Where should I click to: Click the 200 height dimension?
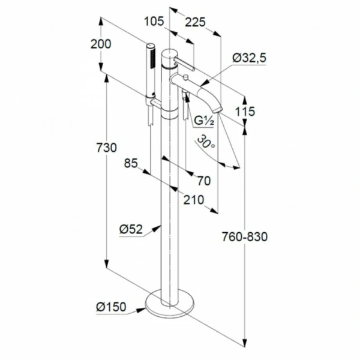pos(101,44)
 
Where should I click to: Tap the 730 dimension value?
pos(106,148)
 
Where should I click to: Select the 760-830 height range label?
pos(245,237)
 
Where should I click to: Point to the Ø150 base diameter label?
pos(111,307)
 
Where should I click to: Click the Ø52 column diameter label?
pos(131,229)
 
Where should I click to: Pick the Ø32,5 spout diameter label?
pos(250,58)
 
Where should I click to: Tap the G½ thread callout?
pos(204,121)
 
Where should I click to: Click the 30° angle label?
pos(205,142)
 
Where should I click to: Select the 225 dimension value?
pos(195,23)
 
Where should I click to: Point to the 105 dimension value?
pos(154,22)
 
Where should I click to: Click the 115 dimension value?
pos(245,112)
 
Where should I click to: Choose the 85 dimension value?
pos(131,163)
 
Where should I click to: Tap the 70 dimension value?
pos(204,181)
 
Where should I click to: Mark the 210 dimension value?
pos(194,200)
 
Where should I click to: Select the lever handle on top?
pos(184,64)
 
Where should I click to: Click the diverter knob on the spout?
pos(185,77)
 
